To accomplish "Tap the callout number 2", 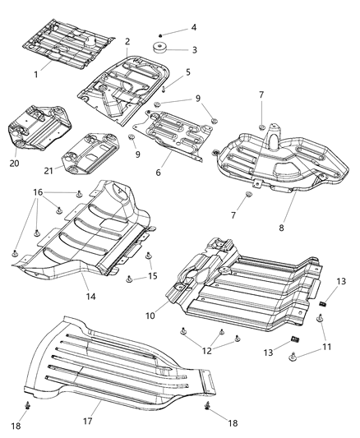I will [127, 41].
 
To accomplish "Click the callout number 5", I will [187, 72].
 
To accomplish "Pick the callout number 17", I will [99, 403].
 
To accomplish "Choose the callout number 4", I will [194, 27].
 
